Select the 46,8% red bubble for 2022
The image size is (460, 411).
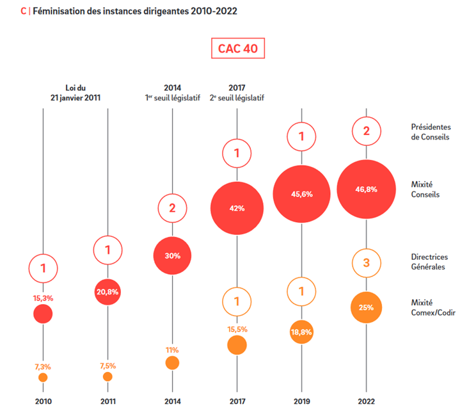tap(366, 189)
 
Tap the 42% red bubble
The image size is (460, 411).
tap(237, 208)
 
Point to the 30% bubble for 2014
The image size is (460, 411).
tap(172, 255)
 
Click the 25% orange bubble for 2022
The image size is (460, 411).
tap(366, 307)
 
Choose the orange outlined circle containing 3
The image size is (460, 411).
tap(366, 262)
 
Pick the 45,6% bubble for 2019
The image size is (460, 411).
tap(301, 194)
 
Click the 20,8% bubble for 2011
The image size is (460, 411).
tap(107, 291)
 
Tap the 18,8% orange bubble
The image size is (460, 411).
tap(301, 332)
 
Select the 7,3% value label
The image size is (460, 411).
tap(42, 366)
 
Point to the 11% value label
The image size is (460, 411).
tap(172, 350)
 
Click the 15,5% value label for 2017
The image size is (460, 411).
tap(237, 329)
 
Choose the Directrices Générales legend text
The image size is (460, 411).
tap(427, 262)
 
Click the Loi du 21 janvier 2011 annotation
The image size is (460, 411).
tap(75, 93)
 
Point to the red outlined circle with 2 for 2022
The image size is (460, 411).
tap(366, 132)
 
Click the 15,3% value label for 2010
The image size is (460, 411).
tap(42, 298)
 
